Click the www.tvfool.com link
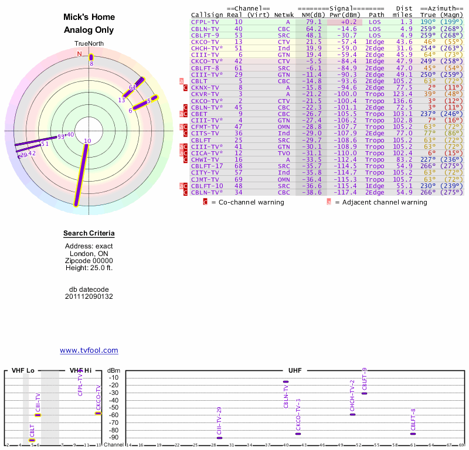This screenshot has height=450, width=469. pyautogui.click(x=89, y=350)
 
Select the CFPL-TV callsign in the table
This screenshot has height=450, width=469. pyautogui.click(x=205, y=22)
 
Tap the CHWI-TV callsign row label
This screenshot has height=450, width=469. pyautogui.click(x=205, y=159)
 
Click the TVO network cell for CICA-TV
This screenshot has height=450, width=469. pyautogui.click(x=284, y=152)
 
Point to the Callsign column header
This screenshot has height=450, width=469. pyautogui.click(x=206, y=15)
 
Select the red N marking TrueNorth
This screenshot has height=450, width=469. pyautogui.click(x=80, y=54)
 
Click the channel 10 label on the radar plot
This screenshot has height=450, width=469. pyautogui.click(x=87, y=141)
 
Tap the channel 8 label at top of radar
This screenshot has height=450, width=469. pyautogui.click(x=91, y=63)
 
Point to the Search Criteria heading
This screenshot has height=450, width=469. pyautogui.click(x=89, y=234)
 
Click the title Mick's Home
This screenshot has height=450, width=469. pyautogui.click(x=89, y=17)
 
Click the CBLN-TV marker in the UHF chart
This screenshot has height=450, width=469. pyautogui.click(x=286, y=381)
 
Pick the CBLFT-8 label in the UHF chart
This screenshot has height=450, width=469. pyautogui.click(x=413, y=419)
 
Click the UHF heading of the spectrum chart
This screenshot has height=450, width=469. pyautogui.click(x=295, y=371)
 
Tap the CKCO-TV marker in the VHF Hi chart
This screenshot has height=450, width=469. pyautogui.click(x=98, y=413)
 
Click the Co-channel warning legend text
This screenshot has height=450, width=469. pyautogui.click(x=247, y=202)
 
